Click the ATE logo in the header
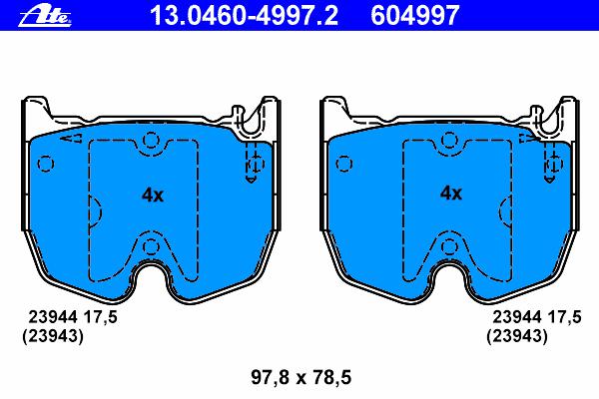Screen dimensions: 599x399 point(45,17)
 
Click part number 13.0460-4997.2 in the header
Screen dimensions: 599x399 point(244,16)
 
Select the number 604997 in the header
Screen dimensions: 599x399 point(415,16)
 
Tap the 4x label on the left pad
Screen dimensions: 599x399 point(153,196)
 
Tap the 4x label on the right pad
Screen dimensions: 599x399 point(451,194)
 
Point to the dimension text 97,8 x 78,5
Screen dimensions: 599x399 point(301,378)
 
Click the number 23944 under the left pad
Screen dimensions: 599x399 point(54,317)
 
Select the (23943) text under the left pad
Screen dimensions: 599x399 point(52,336)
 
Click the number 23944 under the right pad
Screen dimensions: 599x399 point(517,317)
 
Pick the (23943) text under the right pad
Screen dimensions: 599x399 point(517,336)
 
